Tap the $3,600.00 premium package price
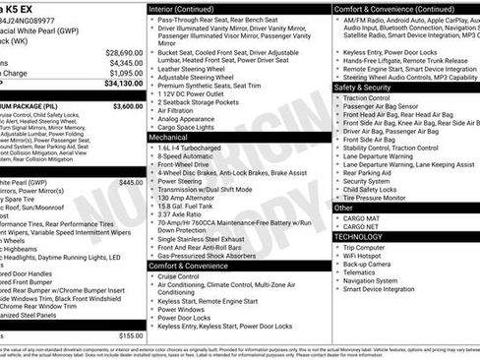pos(128,105)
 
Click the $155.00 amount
pos(131,335)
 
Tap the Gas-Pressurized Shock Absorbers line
pos(214,255)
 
